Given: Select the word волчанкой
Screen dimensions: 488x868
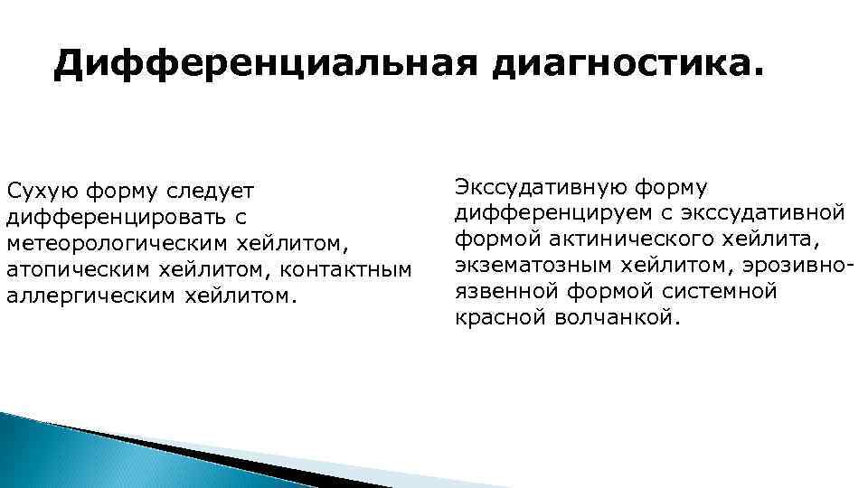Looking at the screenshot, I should (614, 318).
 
